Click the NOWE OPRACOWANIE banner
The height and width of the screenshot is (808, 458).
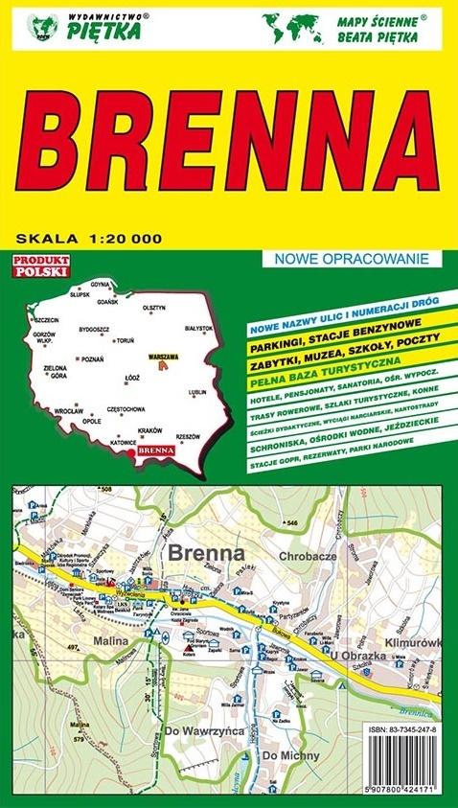[x=352, y=258]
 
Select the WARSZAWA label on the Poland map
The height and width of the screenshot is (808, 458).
[x=165, y=357]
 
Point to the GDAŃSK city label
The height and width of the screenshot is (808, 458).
[x=106, y=301]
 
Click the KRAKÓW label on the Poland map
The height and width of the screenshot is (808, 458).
[x=149, y=430]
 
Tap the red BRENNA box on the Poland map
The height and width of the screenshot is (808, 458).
[x=153, y=448]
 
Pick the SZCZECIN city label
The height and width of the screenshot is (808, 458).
[x=45, y=319]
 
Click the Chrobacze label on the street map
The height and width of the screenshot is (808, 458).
[x=306, y=555]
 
